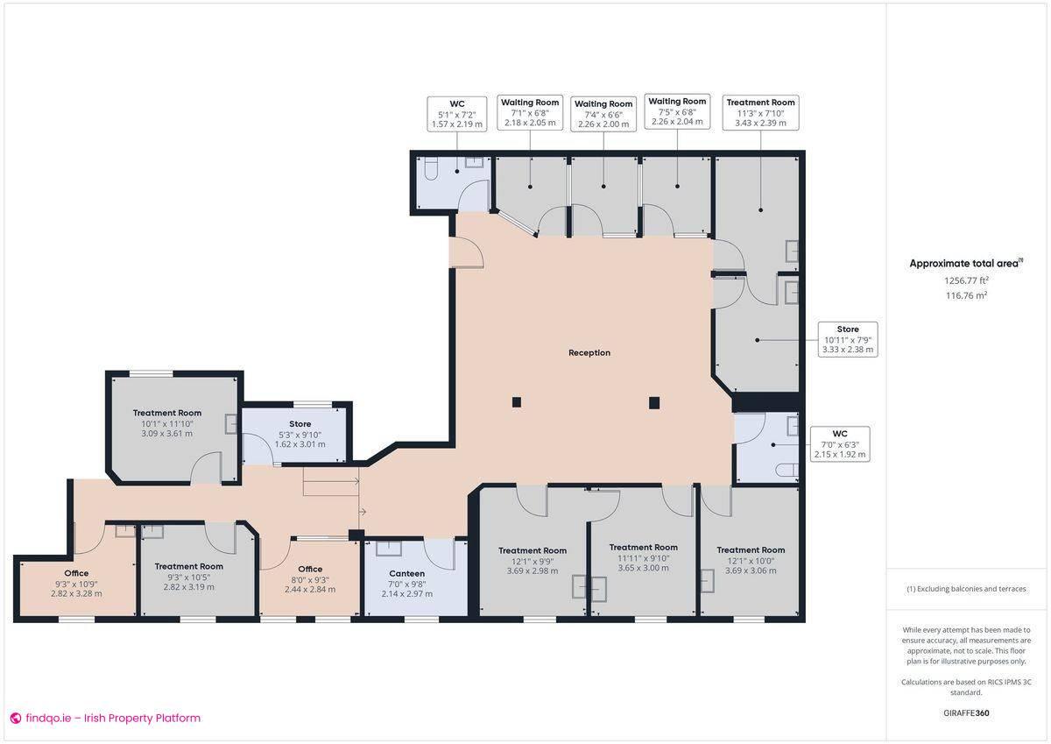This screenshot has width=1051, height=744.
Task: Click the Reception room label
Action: click(x=589, y=353)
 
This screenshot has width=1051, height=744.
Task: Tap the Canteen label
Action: click(x=406, y=574)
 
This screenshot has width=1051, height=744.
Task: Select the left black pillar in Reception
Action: click(x=517, y=402)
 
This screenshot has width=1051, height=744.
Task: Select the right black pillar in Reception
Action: click(x=653, y=402)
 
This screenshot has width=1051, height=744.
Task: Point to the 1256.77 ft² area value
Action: click(x=966, y=280)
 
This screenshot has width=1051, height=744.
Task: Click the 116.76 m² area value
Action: click(x=966, y=295)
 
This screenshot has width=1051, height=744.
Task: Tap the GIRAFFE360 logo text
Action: click(x=966, y=713)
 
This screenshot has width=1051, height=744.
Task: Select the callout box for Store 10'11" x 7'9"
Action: click(x=847, y=339)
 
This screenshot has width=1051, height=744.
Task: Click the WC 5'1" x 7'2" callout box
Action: click(x=456, y=114)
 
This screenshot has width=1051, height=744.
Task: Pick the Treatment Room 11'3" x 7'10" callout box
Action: click(x=760, y=112)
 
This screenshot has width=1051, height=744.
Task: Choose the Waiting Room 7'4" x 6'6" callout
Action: click(x=603, y=114)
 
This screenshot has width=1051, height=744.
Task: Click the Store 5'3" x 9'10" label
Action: click(x=300, y=434)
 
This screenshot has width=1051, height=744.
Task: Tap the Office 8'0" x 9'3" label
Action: click(x=310, y=579)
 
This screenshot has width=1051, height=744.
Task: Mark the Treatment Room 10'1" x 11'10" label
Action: click(x=166, y=423)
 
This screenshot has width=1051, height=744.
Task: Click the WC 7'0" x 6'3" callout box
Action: click(x=840, y=443)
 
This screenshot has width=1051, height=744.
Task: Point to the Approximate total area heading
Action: click(x=966, y=263)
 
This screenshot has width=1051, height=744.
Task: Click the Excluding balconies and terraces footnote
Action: click(x=966, y=589)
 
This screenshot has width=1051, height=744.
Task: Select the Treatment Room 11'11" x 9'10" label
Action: click(x=643, y=557)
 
